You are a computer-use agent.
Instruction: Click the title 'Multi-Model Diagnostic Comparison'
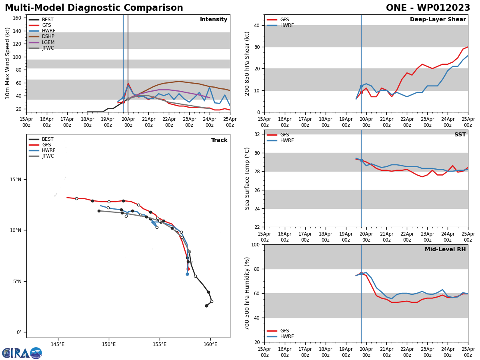(94, 8)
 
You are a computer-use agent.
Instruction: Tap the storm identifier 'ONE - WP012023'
(428, 8)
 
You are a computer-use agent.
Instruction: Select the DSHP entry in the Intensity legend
(48, 37)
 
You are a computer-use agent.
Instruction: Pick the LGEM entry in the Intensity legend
(48, 42)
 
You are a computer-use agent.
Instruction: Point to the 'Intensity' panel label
(213, 20)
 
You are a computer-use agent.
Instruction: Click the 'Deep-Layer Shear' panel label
(438, 20)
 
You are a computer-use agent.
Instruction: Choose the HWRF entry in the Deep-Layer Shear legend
(287, 26)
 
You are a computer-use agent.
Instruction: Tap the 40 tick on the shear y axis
(256, 26)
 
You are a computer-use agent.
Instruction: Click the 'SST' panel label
(460, 135)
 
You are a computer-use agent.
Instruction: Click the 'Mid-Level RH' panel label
(445, 250)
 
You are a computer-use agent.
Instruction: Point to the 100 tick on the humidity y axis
(255, 245)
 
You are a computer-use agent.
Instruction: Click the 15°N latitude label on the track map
(16, 180)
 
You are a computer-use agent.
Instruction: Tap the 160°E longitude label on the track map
(210, 344)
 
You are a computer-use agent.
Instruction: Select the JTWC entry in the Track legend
(48, 156)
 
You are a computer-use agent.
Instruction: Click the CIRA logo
(22, 353)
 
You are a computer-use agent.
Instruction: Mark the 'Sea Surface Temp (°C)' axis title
(248, 178)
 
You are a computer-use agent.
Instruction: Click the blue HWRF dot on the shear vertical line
(361, 86)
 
